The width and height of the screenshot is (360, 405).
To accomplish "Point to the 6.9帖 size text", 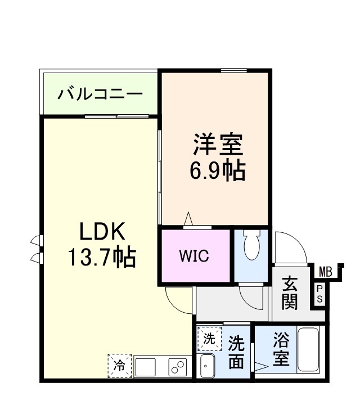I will [x=218, y=170].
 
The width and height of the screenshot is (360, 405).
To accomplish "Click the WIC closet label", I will [x=194, y=256].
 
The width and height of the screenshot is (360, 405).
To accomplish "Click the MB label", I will [x=325, y=272].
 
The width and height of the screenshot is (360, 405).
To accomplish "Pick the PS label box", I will [x=319, y=294].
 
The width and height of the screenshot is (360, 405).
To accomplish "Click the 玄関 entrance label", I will [x=290, y=292].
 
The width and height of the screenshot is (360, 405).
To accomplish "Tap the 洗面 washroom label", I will [x=236, y=352].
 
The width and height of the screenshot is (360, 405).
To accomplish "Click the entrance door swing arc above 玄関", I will [x=291, y=247].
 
